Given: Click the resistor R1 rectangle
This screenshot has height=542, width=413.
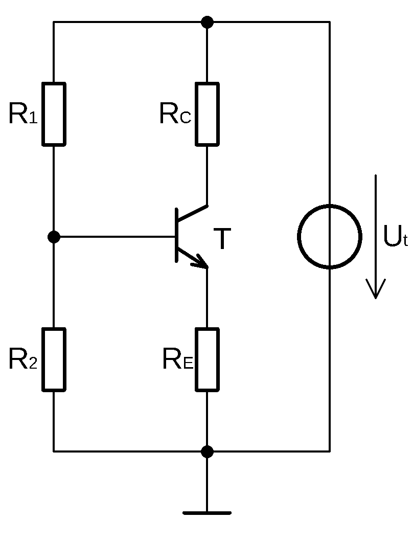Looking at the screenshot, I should pyautogui.click(x=54, y=114).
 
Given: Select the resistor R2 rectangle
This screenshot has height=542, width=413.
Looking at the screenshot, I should pyautogui.click(x=54, y=359).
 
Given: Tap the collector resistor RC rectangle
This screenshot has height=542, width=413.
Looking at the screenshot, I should pyautogui.click(x=207, y=114).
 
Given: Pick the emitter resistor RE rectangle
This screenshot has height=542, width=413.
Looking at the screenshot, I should pyautogui.click(x=207, y=359).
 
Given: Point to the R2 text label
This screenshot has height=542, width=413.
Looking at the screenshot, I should pyautogui.click(x=23, y=360).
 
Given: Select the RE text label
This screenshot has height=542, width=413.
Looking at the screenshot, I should pyautogui.click(x=177, y=360).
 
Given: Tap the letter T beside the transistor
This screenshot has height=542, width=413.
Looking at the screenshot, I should pyautogui.click(x=222, y=239).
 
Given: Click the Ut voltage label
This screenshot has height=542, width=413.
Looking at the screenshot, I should pyautogui.click(x=395, y=237).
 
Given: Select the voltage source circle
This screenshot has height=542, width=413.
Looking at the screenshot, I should pyautogui.click(x=330, y=236).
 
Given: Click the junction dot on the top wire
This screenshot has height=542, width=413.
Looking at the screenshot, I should pyautogui.click(x=207, y=22).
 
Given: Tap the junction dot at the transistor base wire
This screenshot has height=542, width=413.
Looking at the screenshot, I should pyautogui.click(x=54, y=237).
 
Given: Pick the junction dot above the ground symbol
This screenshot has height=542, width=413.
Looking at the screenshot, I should pyautogui.click(x=207, y=451).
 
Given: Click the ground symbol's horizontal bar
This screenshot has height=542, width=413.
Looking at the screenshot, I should pyautogui.click(x=207, y=512).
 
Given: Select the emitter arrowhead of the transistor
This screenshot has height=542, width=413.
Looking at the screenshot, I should pyautogui.click(x=200, y=262).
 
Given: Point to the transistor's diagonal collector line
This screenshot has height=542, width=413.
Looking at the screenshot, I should pyautogui.click(x=192, y=213).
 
